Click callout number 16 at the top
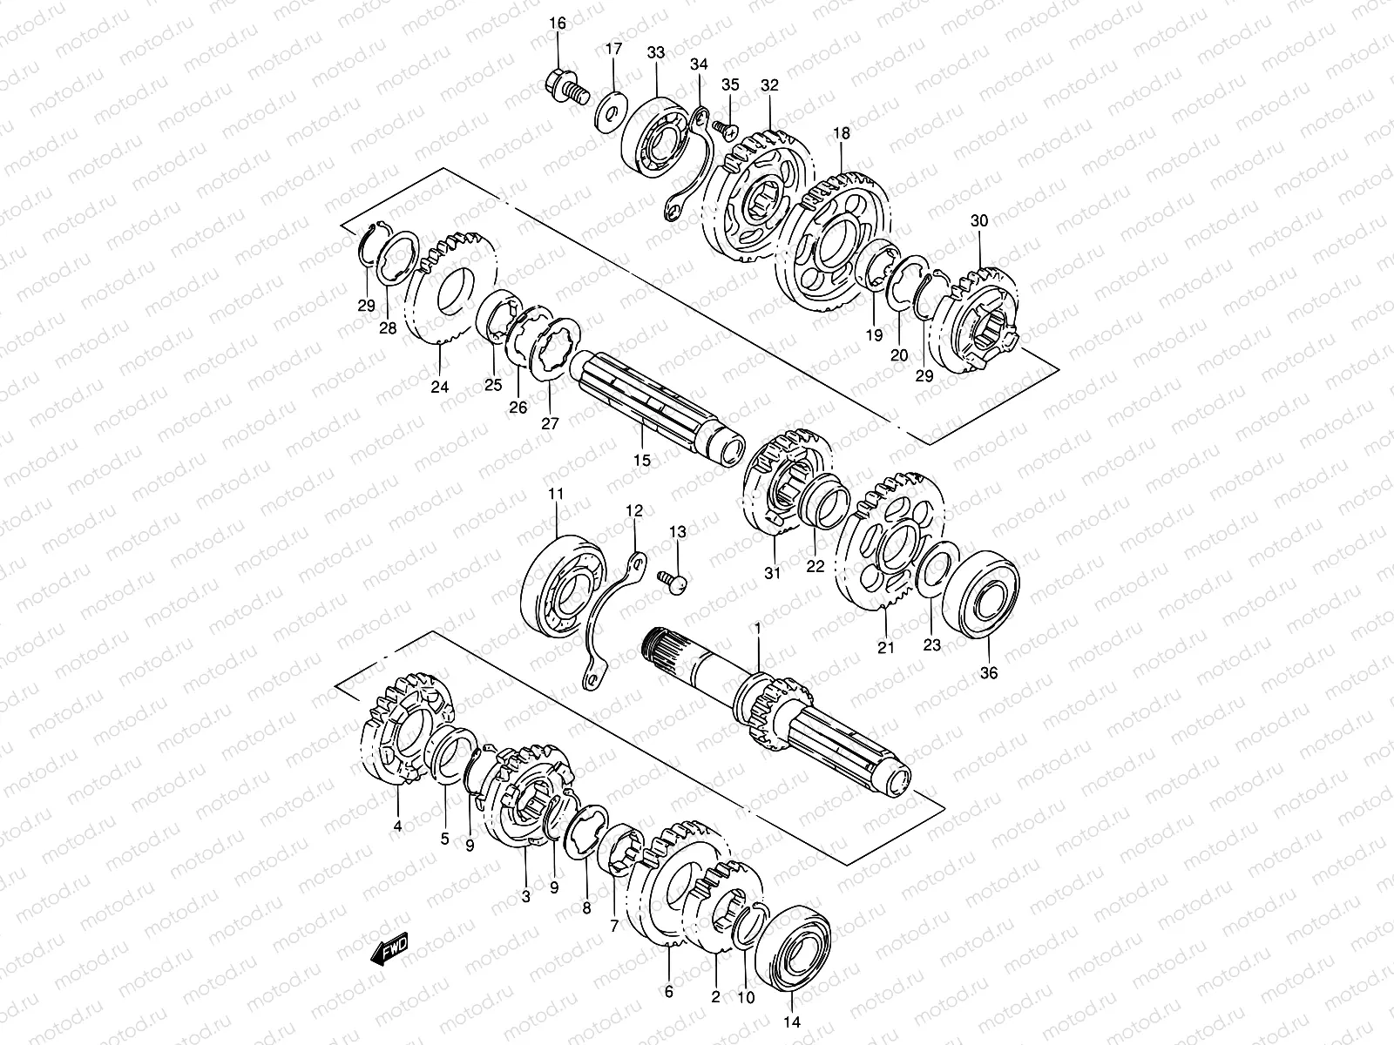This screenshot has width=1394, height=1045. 558,23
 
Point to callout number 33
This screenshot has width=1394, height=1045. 656,53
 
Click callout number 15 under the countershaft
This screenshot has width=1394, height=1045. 641,461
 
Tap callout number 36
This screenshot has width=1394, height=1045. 991,672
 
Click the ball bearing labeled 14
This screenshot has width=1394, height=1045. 792,949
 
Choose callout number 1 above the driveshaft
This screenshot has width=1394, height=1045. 757,628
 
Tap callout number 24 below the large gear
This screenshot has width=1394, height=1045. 440,387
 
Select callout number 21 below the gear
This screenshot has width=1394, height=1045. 885,647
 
